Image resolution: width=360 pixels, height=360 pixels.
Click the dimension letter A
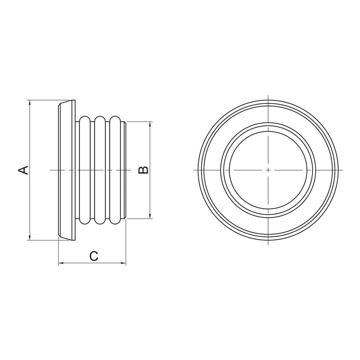pos(24,170)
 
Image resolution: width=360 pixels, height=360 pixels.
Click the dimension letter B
pos(144,170)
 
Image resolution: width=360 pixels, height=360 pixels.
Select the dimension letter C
pos(93,256)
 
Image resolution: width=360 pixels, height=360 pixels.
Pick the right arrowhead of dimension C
pos(123,263)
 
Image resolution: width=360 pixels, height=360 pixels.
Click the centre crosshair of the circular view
pos(268,170)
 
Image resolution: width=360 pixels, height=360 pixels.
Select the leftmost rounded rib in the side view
pos(85,170)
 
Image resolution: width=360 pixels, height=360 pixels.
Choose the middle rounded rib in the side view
pos(100,170)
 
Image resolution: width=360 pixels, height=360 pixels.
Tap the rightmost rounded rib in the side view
pos(115,170)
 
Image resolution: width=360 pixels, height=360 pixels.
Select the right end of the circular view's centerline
pos(343,170)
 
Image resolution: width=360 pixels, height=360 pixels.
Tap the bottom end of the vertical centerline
pos(268,245)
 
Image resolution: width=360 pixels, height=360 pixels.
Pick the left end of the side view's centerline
pos(51,170)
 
